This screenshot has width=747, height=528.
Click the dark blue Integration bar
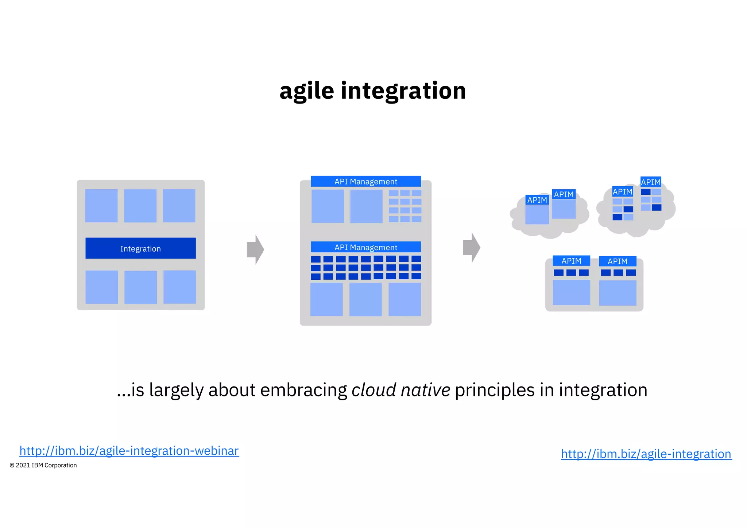[140, 248]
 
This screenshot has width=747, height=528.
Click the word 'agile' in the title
[306, 91]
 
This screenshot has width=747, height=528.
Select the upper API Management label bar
[366, 181]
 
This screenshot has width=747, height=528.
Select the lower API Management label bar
[366, 247]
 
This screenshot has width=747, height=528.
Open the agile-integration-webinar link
[129, 451]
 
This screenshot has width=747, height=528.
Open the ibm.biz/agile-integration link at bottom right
[646, 454]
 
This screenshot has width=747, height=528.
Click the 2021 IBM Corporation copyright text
[43, 465]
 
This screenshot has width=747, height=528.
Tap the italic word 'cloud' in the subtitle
[373, 390]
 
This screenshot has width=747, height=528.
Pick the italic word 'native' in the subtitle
[425, 390]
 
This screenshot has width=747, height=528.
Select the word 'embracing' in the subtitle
[303, 390]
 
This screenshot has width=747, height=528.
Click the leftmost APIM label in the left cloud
[537, 200]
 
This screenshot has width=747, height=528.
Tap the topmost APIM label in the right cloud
[651, 182]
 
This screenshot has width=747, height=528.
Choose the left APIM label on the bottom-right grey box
[571, 261]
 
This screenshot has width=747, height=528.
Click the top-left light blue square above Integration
[101, 206]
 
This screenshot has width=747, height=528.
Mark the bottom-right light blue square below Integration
[179, 287]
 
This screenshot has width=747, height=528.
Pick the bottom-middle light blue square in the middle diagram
[365, 299]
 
